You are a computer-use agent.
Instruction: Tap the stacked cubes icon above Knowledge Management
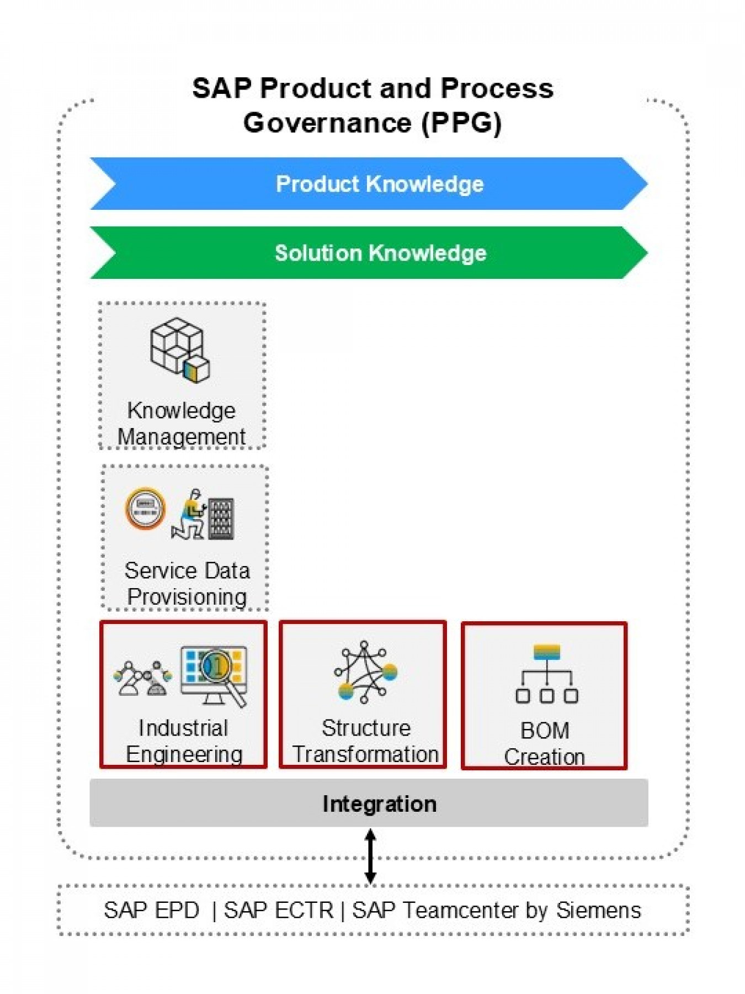179,350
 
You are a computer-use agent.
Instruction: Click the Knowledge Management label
182,424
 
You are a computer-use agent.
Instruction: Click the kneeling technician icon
189,515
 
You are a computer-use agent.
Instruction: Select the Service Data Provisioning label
187,583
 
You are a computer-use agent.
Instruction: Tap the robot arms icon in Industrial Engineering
143,678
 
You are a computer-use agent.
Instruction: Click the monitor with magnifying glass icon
214,675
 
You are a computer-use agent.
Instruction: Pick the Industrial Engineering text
184,741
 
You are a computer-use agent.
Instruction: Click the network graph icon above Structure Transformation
365,672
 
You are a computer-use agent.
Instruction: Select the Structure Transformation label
365,741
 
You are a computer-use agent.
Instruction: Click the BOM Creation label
545,743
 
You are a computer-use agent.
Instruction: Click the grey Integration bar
369,803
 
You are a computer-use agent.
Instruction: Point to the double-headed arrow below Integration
371,855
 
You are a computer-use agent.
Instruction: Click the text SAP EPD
151,911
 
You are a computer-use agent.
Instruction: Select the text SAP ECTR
279,911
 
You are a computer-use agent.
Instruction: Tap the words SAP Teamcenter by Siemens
496,911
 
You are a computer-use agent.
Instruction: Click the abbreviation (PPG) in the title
461,123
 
